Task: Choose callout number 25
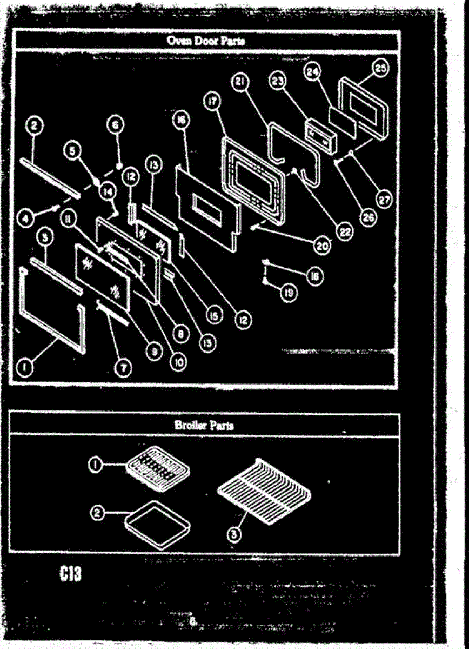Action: [x=381, y=69]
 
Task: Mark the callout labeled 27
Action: [x=384, y=199]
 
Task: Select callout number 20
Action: [x=323, y=244]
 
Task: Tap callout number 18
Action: [x=313, y=276]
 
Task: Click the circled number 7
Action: [x=123, y=367]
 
